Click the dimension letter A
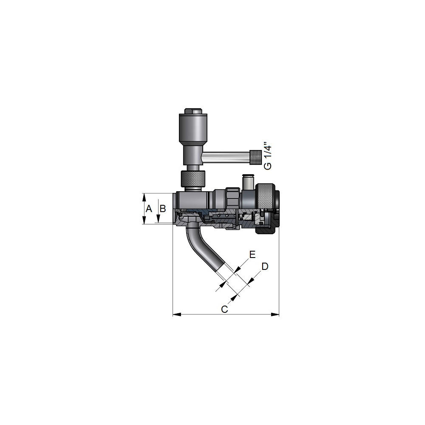tap(148, 209)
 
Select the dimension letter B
tap(163, 208)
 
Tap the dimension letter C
tap(224, 309)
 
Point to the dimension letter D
tap(265, 266)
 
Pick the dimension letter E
tap(252, 255)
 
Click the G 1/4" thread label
tap(267, 158)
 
